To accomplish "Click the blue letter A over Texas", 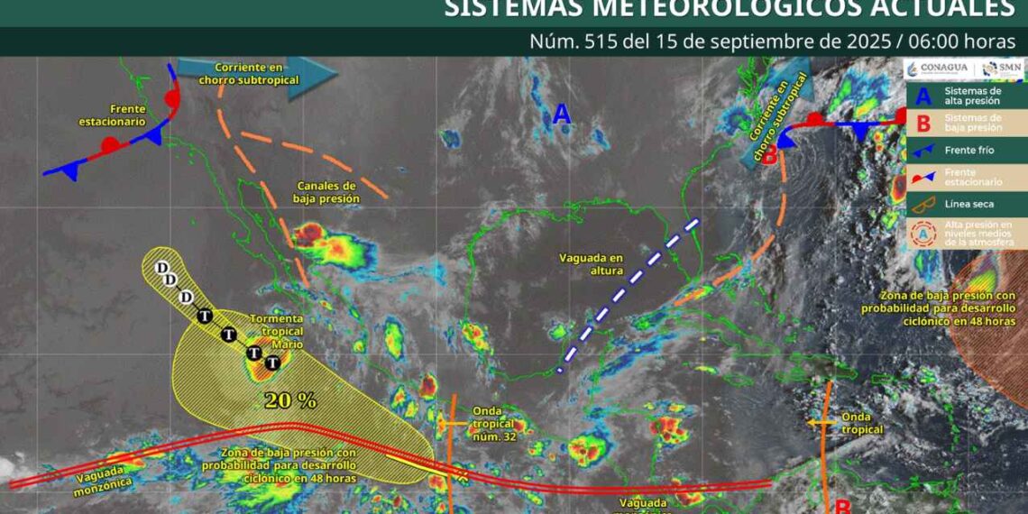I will pos(561,114).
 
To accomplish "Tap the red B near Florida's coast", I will pos(770,154).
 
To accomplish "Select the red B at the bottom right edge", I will pos(842,506).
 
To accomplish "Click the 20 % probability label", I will pos(289,399).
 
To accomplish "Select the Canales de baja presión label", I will pos(327,192).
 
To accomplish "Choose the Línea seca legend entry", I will pos(968,204).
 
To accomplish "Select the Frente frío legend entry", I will pos(968,150).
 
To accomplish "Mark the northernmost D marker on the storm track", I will pos(162,268).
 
